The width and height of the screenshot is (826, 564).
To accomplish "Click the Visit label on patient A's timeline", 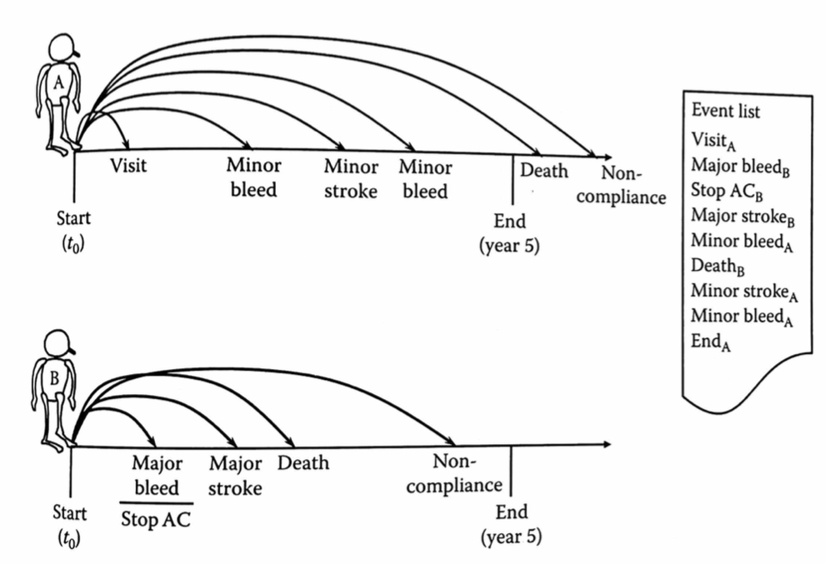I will pyautogui.click(x=129, y=166).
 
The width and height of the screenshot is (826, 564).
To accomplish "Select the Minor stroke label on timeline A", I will pyautogui.click(x=351, y=179).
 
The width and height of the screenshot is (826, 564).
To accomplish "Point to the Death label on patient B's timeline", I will pyautogui.click(x=303, y=462).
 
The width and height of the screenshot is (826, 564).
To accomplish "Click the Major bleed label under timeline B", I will pyautogui.click(x=157, y=475).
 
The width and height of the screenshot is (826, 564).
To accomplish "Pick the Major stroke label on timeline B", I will pyautogui.click(x=235, y=475).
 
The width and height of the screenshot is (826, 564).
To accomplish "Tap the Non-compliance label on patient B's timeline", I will pyautogui.click(x=455, y=474).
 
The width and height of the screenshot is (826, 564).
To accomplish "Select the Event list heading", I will pyautogui.click(x=725, y=111).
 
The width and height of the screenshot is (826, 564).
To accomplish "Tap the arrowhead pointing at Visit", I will pyautogui.click(x=125, y=146).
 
